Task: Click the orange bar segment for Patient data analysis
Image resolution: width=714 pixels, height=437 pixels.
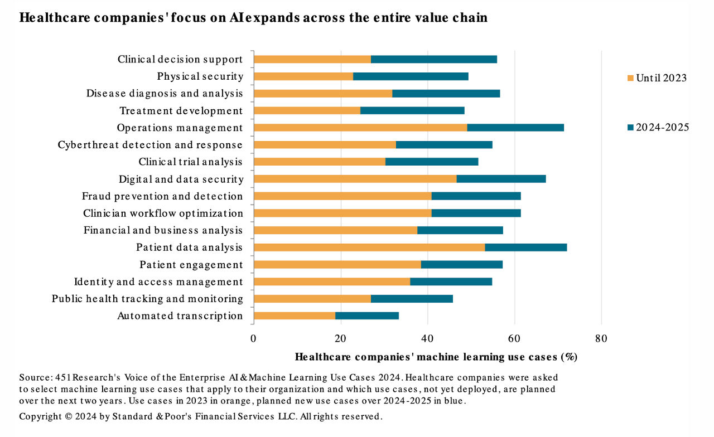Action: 369,247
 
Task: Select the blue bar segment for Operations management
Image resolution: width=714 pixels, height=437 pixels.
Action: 515,128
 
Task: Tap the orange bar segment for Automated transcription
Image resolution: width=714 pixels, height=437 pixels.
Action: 294,316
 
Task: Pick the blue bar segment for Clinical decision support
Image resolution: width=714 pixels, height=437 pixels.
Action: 434,60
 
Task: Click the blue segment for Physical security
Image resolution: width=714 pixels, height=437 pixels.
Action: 411,76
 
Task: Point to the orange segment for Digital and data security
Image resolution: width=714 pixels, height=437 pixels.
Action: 355,179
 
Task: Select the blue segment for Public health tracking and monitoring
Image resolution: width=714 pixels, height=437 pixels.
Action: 412,299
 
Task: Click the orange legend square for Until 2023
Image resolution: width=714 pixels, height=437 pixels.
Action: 630,78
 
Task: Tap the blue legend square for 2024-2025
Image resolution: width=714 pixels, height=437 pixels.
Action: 630,128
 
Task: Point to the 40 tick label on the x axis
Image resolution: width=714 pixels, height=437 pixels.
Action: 427,338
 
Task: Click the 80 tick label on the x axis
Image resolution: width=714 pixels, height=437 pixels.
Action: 601,338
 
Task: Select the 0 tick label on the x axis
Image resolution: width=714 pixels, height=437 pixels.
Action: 254,338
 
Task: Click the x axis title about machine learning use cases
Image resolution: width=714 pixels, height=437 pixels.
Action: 436,357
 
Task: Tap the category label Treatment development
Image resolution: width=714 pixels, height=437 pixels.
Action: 181,111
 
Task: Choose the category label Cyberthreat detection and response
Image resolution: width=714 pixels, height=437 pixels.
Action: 150,145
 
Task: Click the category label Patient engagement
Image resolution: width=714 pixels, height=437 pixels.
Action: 191,265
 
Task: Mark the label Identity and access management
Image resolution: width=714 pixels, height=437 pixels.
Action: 158,282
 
